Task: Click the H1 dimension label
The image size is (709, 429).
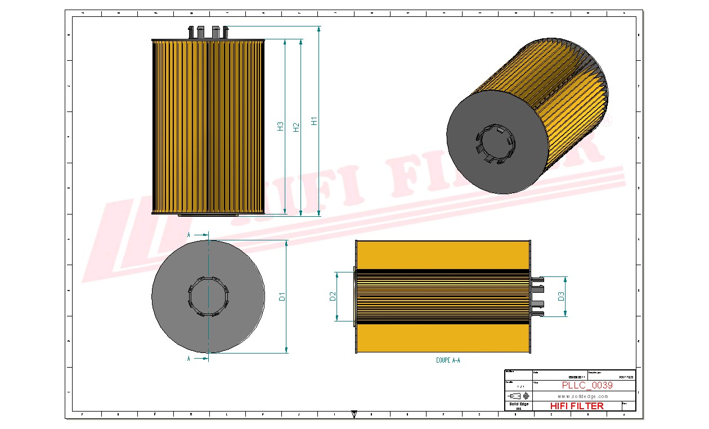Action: coord(315,120)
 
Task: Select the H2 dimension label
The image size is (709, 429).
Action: coord(297,127)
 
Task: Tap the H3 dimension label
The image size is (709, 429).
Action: coord(280,127)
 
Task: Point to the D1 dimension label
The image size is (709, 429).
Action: coord(283,296)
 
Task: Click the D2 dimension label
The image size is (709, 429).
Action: coord(332,296)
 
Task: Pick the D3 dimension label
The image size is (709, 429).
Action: coord(561,296)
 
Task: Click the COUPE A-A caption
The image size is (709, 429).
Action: coord(448,360)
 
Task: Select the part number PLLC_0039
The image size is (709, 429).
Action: coord(587,386)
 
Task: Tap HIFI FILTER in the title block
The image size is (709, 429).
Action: coord(577,406)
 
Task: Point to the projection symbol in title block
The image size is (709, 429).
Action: coord(518,396)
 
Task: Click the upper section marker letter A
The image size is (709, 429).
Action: coord(189,234)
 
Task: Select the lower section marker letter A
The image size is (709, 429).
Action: coord(189,357)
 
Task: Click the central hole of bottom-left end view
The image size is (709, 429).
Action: coord(208,296)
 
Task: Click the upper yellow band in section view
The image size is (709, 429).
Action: coord(442,254)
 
